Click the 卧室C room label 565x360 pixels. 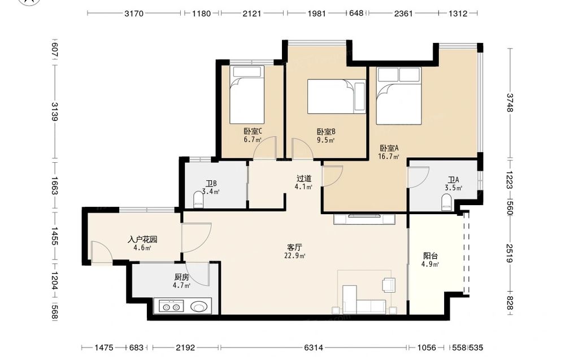coord(253,131)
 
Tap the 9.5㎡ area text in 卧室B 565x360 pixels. coord(326,140)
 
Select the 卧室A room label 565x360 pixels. coord(389,148)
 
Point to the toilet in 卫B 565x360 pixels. coord(198,200)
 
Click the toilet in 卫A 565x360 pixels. coord(446,202)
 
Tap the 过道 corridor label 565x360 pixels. coord(304,179)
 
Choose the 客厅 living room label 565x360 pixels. coord(294,248)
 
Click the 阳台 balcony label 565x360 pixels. coord(431,256)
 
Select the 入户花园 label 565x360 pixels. coord(142,240)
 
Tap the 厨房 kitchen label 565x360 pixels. coord(181,277)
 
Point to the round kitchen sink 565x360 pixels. coord(199,307)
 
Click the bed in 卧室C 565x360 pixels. coord(247,94)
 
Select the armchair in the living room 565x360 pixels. coord(389,284)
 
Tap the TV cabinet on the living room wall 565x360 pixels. coord(364,219)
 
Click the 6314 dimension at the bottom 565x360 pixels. coord(314,348)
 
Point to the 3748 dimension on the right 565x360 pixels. coord(510,103)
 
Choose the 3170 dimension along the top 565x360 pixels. coord(134,14)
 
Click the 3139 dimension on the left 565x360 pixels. coord(54,112)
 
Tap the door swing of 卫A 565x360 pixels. coord(418,177)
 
